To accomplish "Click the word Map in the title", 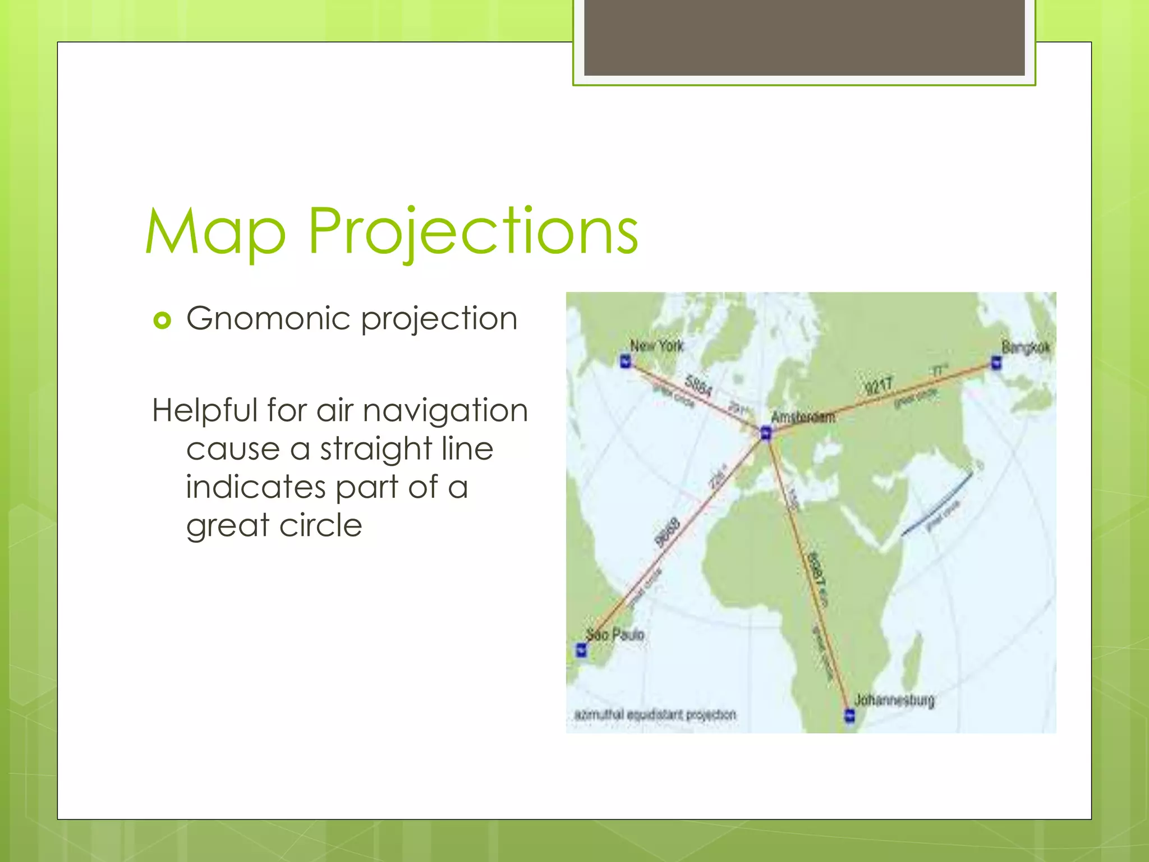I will (x=216, y=231).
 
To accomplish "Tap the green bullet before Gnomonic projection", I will (x=162, y=320).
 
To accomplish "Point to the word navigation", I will (x=445, y=410).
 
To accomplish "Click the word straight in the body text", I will (x=376, y=449).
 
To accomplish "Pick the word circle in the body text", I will (x=320, y=525).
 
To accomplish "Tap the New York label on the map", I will (x=656, y=346).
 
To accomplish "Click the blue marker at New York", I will (x=626, y=361).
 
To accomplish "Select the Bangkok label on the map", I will (x=1025, y=347).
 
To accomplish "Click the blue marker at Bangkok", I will (x=996, y=363).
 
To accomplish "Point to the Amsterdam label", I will (x=803, y=417).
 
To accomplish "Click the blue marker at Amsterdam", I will (x=766, y=433).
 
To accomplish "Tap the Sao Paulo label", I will (x=615, y=635).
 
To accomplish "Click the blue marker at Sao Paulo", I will (x=581, y=650).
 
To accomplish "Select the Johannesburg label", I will (x=894, y=700).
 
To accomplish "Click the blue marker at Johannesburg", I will (x=850, y=716).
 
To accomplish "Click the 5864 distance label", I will (x=698, y=385).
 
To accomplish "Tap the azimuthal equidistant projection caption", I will (x=655, y=714).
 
